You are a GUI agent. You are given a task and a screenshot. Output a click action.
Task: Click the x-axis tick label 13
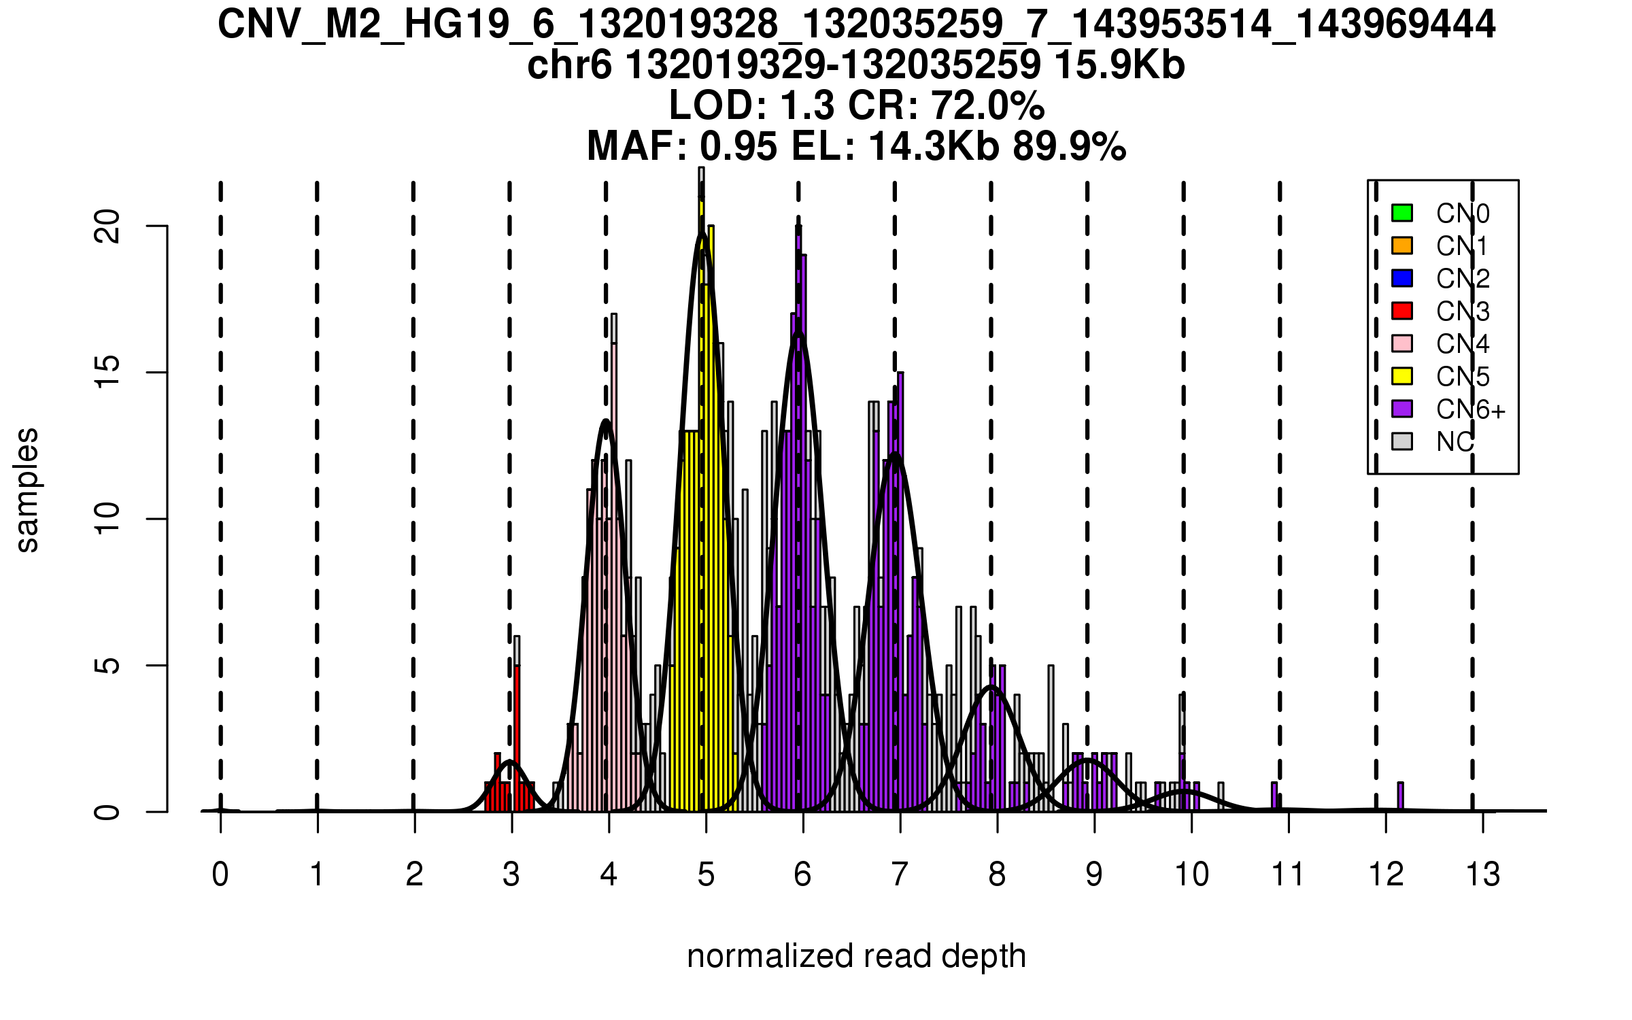pyautogui.click(x=1483, y=875)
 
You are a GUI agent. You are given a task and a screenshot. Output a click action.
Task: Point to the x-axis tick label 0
pyautogui.click(x=220, y=875)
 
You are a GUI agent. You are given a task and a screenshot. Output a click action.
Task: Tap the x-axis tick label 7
pyautogui.click(x=900, y=875)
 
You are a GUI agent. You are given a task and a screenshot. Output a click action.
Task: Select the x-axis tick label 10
pyautogui.click(x=1191, y=875)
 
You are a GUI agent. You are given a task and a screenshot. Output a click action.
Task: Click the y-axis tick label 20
pyautogui.click(x=107, y=226)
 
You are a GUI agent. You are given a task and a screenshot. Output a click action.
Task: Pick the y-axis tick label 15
pyautogui.click(x=107, y=373)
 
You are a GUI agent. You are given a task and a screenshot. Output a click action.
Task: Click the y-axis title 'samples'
pyautogui.click(x=27, y=490)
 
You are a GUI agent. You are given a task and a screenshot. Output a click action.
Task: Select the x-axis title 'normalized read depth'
pyautogui.click(x=856, y=956)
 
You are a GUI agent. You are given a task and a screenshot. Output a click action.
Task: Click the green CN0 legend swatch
pyautogui.click(x=1402, y=213)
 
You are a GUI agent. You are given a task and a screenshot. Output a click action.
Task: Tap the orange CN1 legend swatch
pyautogui.click(x=1402, y=245)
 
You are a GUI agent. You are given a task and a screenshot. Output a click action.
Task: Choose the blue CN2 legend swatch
pyautogui.click(x=1402, y=278)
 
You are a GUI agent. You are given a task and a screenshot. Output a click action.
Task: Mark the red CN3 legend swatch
pyautogui.click(x=1402, y=311)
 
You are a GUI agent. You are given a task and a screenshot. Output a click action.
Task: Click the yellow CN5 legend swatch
pyautogui.click(x=1402, y=376)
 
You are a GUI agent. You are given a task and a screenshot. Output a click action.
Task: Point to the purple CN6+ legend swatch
pyautogui.click(x=1402, y=409)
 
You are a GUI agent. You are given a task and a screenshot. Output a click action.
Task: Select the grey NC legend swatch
pyautogui.click(x=1402, y=441)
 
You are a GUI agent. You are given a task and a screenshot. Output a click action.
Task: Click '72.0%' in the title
pyautogui.click(x=987, y=106)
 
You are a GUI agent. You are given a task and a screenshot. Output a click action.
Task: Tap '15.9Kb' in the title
pyautogui.click(x=1119, y=65)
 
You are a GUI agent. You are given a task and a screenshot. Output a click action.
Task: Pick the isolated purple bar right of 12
pyautogui.click(x=1401, y=796)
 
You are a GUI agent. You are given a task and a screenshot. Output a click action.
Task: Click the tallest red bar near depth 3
pyautogui.click(x=517, y=738)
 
